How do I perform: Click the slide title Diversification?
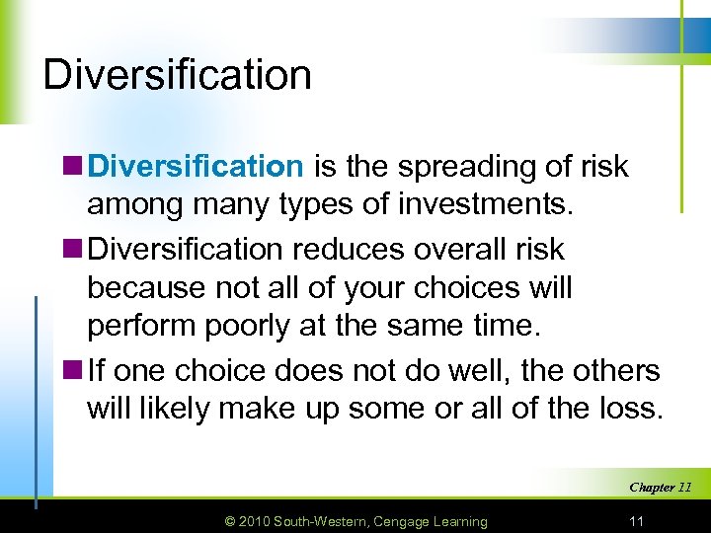tap(177, 75)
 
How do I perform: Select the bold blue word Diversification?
tap(196, 167)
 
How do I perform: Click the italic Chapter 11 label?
tap(660, 487)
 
